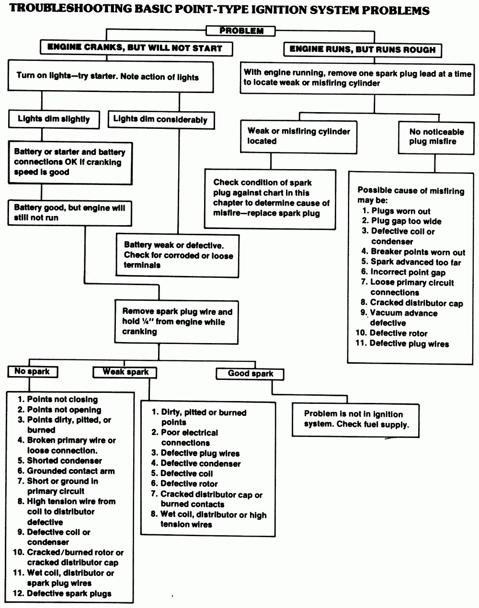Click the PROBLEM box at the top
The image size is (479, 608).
point(241,31)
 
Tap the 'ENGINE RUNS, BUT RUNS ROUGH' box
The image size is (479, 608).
point(362,49)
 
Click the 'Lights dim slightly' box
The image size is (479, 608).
point(54,119)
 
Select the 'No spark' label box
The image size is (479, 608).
point(32,371)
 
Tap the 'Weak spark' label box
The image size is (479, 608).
point(125,372)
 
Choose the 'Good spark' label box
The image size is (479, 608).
point(250,374)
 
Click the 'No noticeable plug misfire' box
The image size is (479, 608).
point(436,137)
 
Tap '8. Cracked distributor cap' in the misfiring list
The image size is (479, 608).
point(411,303)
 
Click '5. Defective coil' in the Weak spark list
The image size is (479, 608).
point(182,473)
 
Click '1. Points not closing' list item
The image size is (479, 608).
point(57,399)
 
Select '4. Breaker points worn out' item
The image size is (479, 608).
point(413,252)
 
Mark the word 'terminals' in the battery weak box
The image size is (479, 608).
point(142,265)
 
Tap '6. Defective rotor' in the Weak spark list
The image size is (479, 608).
point(184,483)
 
